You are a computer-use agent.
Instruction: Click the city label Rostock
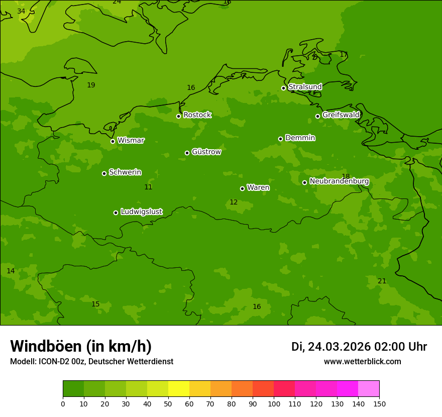tap(197, 115)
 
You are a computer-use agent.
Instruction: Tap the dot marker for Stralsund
tap(283, 88)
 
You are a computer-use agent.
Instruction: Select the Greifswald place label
tap(341, 115)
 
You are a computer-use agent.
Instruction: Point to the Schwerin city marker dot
tap(104, 173)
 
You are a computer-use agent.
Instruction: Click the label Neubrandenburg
tap(339, 181)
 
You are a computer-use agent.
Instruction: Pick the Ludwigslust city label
tap(141, 212)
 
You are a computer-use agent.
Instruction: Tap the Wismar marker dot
tap(113, 141)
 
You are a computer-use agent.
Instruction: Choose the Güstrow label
tap(206, 152)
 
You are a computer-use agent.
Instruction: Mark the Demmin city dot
tap(280, 139)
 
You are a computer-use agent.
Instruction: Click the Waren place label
tap(258, 188)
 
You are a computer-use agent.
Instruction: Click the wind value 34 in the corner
tap(21, 11)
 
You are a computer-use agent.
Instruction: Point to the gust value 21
tap(382, 281)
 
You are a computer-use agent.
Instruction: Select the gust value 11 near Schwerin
tap(148, 187)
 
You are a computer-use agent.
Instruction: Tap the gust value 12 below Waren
tap(234, 202)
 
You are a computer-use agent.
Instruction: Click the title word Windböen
tap(46, 346)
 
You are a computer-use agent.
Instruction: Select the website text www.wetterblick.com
tap(362, 361)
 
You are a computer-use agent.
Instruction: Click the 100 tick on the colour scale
tap(274, 403)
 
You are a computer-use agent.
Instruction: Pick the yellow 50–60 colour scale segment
tap(179, 389)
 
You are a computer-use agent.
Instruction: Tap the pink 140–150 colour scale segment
tap(369, 389)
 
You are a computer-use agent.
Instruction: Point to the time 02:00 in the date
tap(391, 347)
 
